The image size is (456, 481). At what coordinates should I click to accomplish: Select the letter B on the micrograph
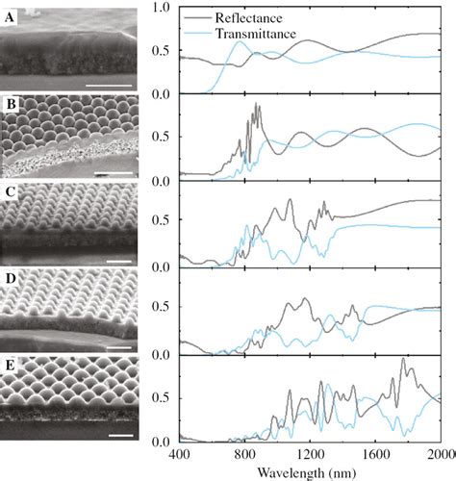(12, 104)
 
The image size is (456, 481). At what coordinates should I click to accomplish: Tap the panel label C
(12, 191)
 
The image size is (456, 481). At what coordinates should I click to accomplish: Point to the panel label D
(12, 281)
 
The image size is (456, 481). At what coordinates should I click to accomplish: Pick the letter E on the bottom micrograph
(12, 369)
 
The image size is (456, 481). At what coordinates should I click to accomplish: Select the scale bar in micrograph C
(121, 261)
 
